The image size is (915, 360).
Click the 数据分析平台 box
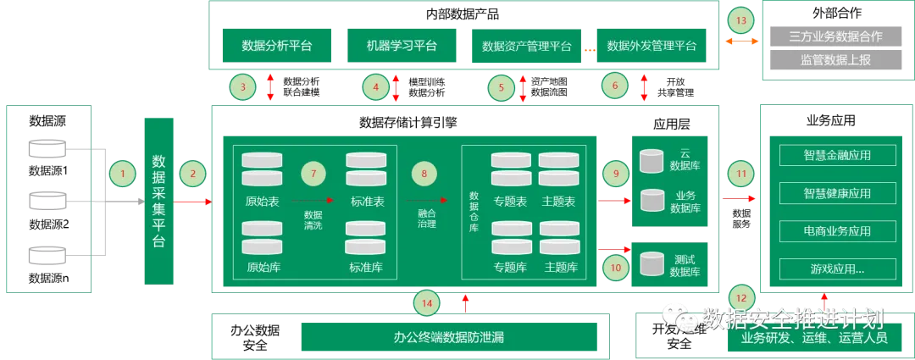tap(276, 46)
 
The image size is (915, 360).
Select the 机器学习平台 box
tap(402, 46)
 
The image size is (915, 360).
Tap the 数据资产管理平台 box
tap(526, 46)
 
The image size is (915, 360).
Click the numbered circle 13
tap(740, 19)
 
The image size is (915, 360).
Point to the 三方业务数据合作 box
tap(835, 36)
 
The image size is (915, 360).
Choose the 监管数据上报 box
tap(835, 60)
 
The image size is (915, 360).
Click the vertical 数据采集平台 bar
tap(158, 200)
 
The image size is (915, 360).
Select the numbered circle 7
tap(313, 174)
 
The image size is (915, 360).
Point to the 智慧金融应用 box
tap(837, 155)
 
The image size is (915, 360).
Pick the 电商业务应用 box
tap(837, 231)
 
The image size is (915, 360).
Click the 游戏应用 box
tap(837, 269)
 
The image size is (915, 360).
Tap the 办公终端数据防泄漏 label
tap(449, 337)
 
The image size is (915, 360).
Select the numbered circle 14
tap(427, 302)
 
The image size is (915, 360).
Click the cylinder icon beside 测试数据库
tap(652, 263)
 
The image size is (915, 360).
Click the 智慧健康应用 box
tap(837, 193)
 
